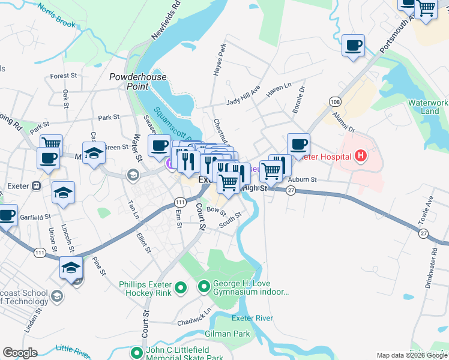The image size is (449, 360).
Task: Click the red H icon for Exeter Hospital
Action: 361,157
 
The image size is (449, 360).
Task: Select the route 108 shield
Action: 334,102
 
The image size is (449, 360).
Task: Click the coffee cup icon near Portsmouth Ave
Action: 353,45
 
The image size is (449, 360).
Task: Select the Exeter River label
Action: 252,317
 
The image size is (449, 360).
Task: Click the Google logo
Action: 20,353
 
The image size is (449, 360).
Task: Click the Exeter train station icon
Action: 36,186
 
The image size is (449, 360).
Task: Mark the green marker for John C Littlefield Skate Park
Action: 137,353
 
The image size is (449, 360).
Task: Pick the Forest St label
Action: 64,76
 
